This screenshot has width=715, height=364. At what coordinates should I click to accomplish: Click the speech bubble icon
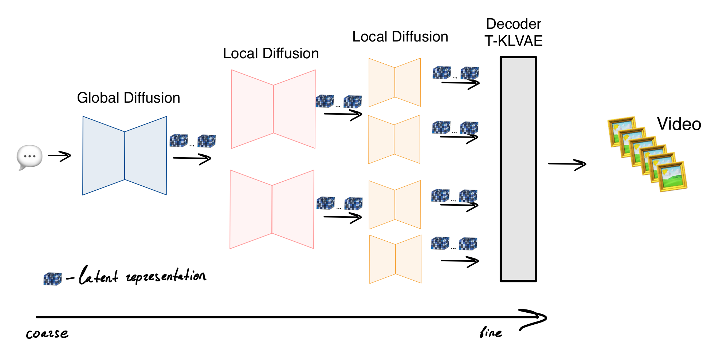tap(30, 157)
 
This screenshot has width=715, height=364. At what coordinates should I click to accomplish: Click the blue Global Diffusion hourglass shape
tap(125, 156)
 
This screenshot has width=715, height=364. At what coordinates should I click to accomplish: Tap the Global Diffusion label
tap(128, 98)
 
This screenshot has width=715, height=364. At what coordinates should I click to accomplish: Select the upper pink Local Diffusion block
tap(273, 109)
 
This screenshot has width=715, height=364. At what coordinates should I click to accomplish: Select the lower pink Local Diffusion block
tap(272, 209)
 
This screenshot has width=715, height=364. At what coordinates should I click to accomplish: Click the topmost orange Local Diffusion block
tap(395, 82)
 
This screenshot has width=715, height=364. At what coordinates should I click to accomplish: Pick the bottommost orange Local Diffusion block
tap(395, 259)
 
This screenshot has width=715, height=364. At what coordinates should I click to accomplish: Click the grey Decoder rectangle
tap(518, 169)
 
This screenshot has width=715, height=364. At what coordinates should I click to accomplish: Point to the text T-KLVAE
tap(513, 41)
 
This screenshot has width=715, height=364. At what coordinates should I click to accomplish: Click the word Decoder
tap(514, 24)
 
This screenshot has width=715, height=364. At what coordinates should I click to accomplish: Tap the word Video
tap(679, 124)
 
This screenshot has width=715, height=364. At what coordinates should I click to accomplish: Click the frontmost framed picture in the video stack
tap(672, 177)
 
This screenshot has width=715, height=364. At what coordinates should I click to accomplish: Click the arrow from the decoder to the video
tap(567, 165)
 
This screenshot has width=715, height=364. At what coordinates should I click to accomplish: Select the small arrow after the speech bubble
tap(59, 156)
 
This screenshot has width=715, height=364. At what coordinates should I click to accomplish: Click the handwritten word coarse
tap(47, 334)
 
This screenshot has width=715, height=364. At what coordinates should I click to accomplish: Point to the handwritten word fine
tap(491, 332)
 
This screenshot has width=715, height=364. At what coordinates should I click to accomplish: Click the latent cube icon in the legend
tap(52, 279)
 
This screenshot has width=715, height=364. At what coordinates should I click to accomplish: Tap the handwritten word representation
tap(166, 277)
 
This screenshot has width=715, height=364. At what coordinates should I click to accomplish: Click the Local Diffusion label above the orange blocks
tap(400, 37)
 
